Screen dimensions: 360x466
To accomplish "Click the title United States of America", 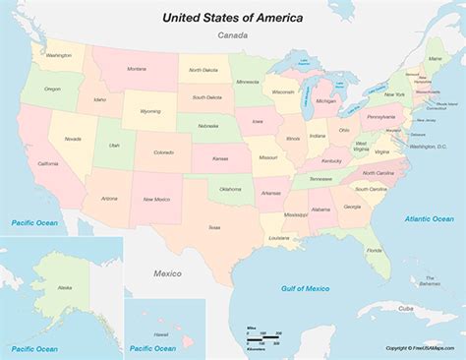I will pyautogui.click(x=233, y=18).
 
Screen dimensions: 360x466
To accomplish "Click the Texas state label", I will pyautogui.click(x=213, y=227).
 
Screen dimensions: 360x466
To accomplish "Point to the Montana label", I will pyautogui.click(x=137, y=68).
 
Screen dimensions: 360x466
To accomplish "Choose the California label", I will pyautogui.click(x=47, y=163).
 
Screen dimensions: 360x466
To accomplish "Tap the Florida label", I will pyautogui.click(x=374, y=249).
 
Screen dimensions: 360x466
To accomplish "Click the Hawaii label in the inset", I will pyautogui.click(x=161, y=333).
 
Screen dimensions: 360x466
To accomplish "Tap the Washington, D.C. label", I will pyautogui.click(x=427, y=146).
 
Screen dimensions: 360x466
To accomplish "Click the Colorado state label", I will pyautogui.click(x=163, y=152).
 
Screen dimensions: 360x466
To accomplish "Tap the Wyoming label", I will pyautogui.click(x=149, y=111).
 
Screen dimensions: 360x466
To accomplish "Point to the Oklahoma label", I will pyautogui.click(x=230, y=189).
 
